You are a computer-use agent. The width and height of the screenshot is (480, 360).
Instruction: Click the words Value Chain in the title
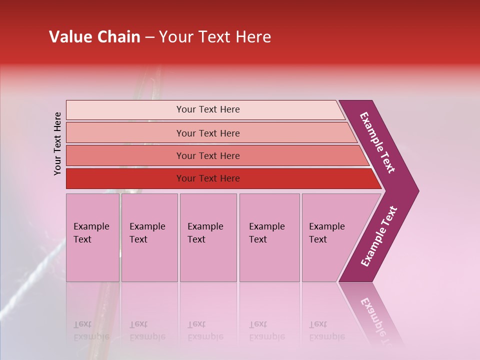(x=94, y=37)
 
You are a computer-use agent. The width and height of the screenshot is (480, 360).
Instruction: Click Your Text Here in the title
(x=215, y=37)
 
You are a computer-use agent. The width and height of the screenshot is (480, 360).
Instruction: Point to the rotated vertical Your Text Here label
(x=57, y=144)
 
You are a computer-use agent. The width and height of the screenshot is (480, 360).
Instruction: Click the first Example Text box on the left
(x=92, y=237)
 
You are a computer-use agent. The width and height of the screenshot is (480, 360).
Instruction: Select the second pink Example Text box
(x=149, y=237)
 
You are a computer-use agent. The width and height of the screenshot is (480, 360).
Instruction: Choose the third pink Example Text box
(x=208, y=237)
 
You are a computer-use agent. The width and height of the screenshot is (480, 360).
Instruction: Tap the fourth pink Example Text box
(x=269, y=237)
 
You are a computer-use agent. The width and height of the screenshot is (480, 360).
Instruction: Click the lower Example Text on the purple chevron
(x=379, y=236)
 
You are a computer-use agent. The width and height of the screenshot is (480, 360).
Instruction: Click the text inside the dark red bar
(x=208, y=178)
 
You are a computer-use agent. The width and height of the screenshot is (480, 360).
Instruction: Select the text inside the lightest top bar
(x=208, y=109)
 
